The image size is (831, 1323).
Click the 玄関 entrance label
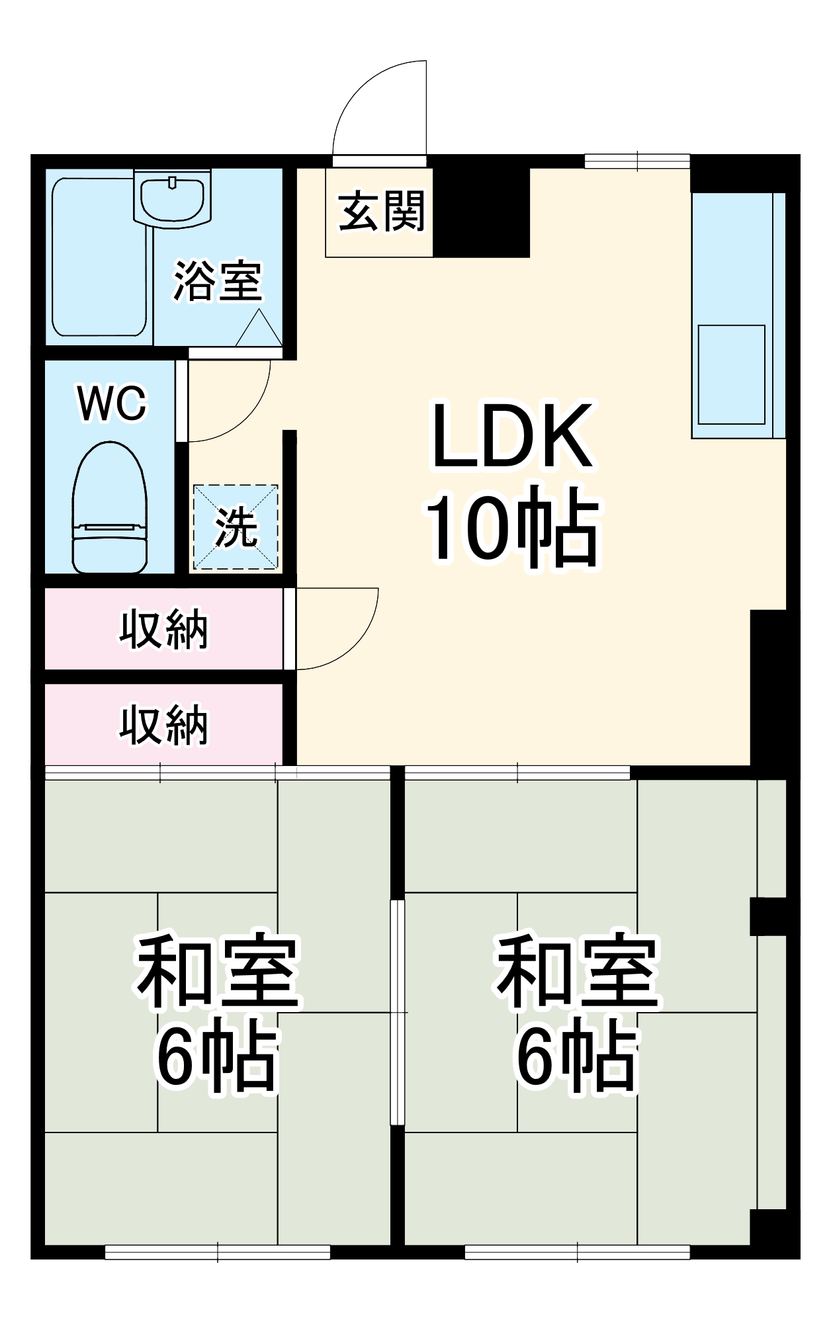point(381,212)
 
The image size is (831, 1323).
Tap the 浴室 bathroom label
point(218,282)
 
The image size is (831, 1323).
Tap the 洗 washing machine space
point(236,527)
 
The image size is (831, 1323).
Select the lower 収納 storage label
point(163,725)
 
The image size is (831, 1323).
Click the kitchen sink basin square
point(731,374)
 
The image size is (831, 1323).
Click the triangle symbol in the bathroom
point(259,329)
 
